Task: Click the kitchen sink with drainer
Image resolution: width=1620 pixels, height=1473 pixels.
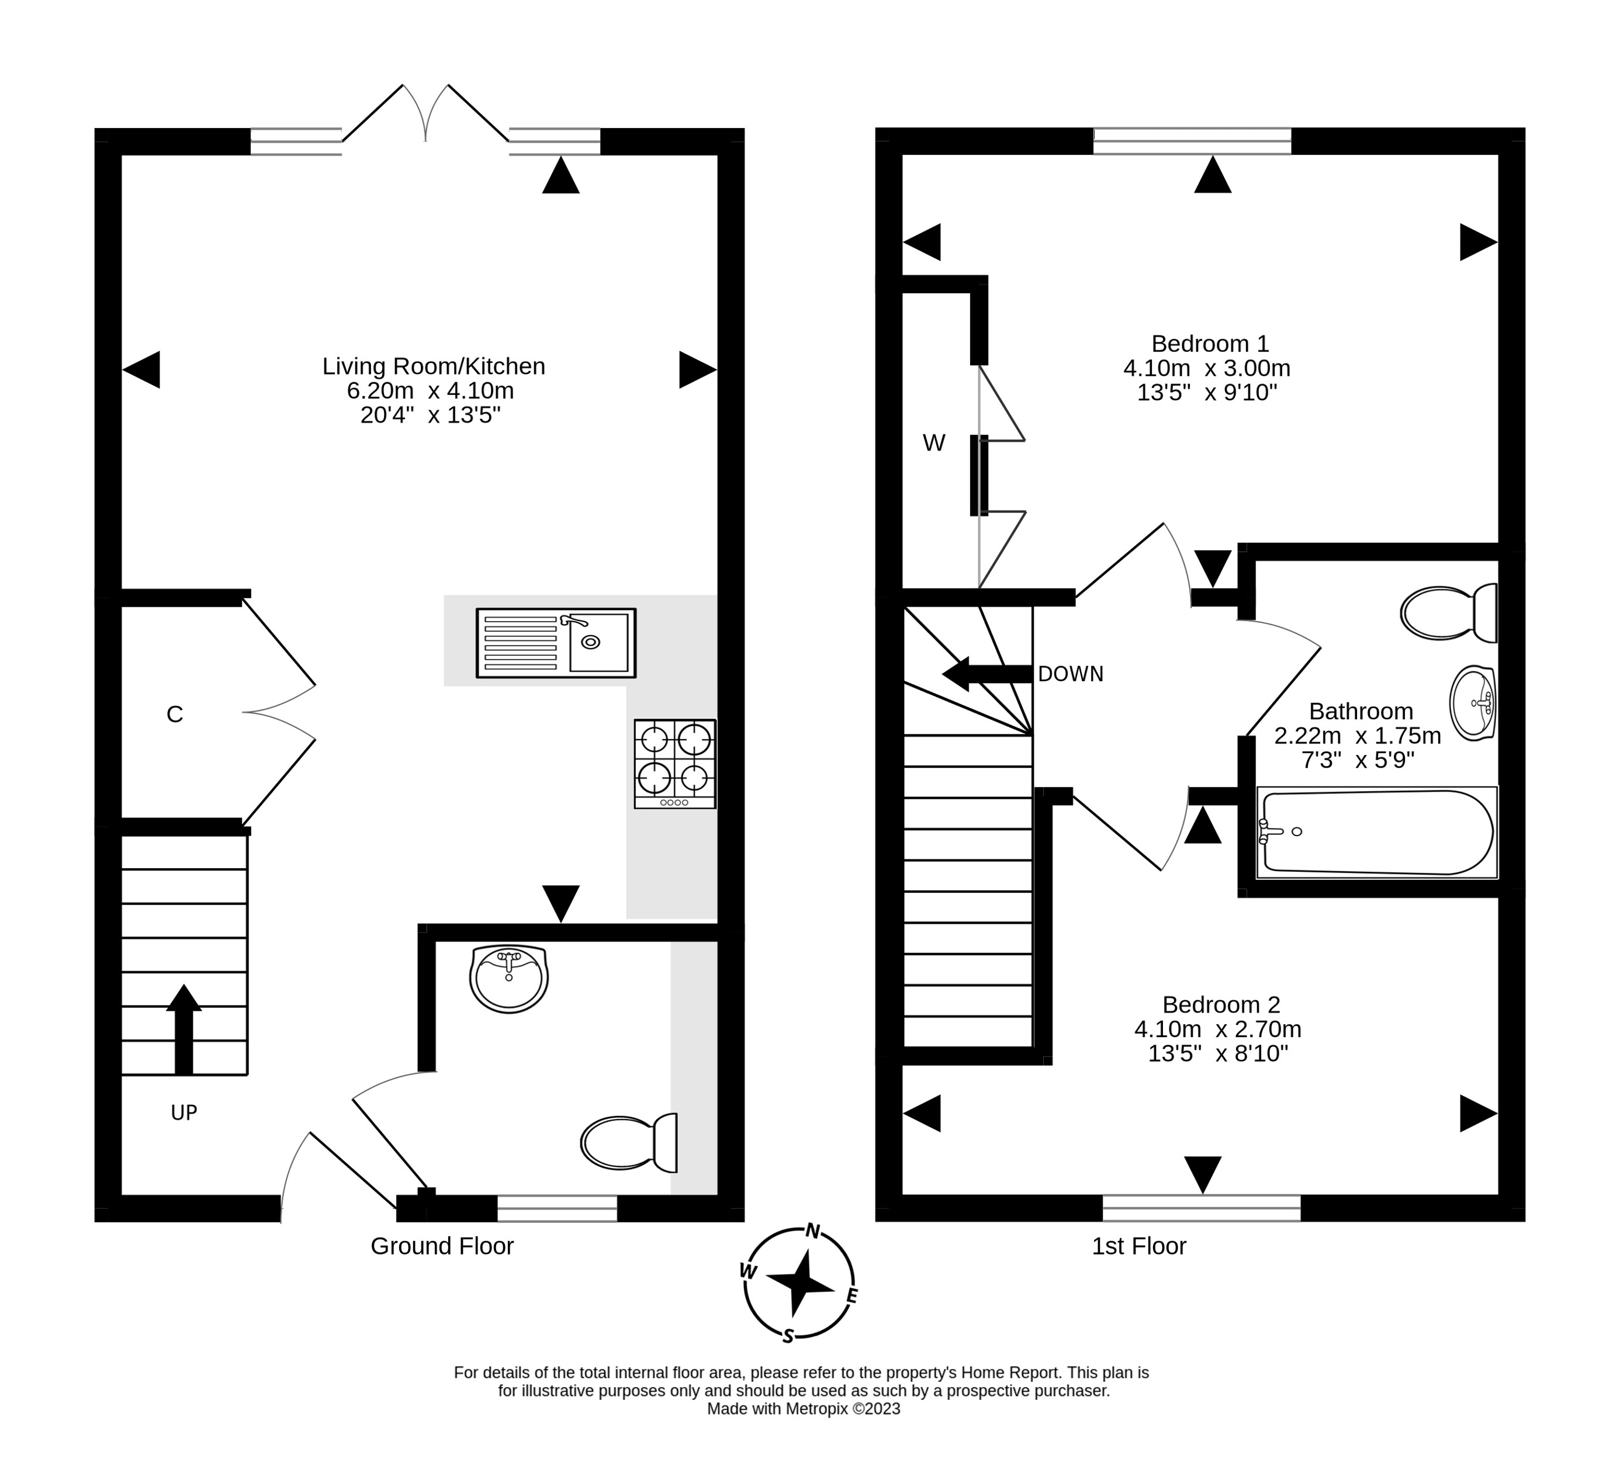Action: pyautogui.click(x=556, y=643)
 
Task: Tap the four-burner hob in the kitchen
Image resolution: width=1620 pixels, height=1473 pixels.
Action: pyautogui.click(x=675, y=764)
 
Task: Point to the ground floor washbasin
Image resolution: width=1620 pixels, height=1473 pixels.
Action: pyautogui.click(x=508, y=978)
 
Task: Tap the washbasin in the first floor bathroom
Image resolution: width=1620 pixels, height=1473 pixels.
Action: pyautogui.click(x=1473, y=702)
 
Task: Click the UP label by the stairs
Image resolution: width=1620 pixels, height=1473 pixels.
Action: pyautogui.click(x=184, y=1113)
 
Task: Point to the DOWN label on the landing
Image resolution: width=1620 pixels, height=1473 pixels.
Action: pyautogui.click(x=1071, y=674)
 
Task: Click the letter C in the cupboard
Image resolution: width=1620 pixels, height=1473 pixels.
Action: pyautogui.click(x=174, y=715)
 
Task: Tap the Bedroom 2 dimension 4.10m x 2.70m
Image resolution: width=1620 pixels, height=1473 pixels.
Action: pyautogui.click(x=1217, y=1030)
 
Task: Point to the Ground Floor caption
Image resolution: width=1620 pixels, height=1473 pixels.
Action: pyautogui.click(x=442, y=1246)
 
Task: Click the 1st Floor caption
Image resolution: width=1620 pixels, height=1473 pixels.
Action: pyautogui.click(x=1138, y=1246)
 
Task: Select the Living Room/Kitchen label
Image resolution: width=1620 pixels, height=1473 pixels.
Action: pyautogui.click(x=434, y=366)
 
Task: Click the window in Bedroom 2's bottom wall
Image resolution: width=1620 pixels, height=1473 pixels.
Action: pyautogui.click(x=1202, y=1208)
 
